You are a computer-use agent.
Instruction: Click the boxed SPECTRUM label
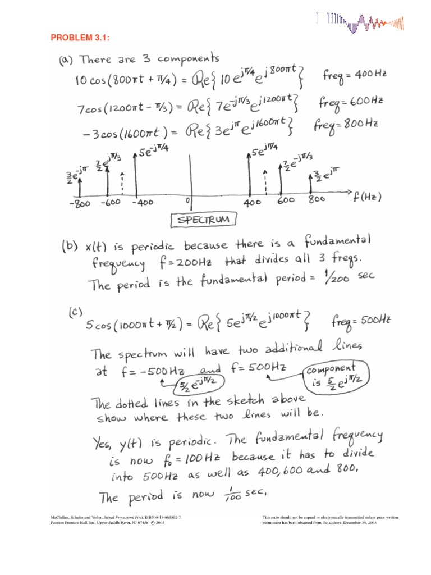point(204,220)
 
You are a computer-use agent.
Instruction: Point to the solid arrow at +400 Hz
point(249,174)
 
